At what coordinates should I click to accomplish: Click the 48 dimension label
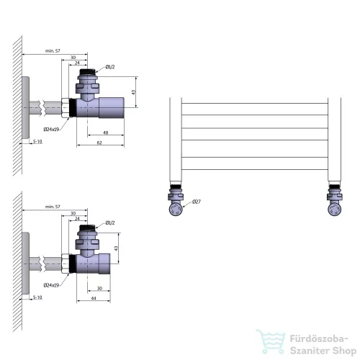tap(106, 132)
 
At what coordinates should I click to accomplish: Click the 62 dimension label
tap(99, 143)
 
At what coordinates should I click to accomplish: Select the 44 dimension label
tap(94, 298)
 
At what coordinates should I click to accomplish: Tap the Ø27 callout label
tap(197, 202)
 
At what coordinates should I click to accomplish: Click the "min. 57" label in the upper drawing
tap(53, 50)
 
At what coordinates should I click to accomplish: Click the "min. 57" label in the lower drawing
tap(53, 207)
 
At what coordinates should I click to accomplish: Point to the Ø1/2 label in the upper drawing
tap(110, 67)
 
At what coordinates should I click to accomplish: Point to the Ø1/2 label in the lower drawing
tap(110, 222)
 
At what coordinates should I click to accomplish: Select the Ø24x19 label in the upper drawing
tap(51, 130)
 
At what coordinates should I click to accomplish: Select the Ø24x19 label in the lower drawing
tap(51, 285)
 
